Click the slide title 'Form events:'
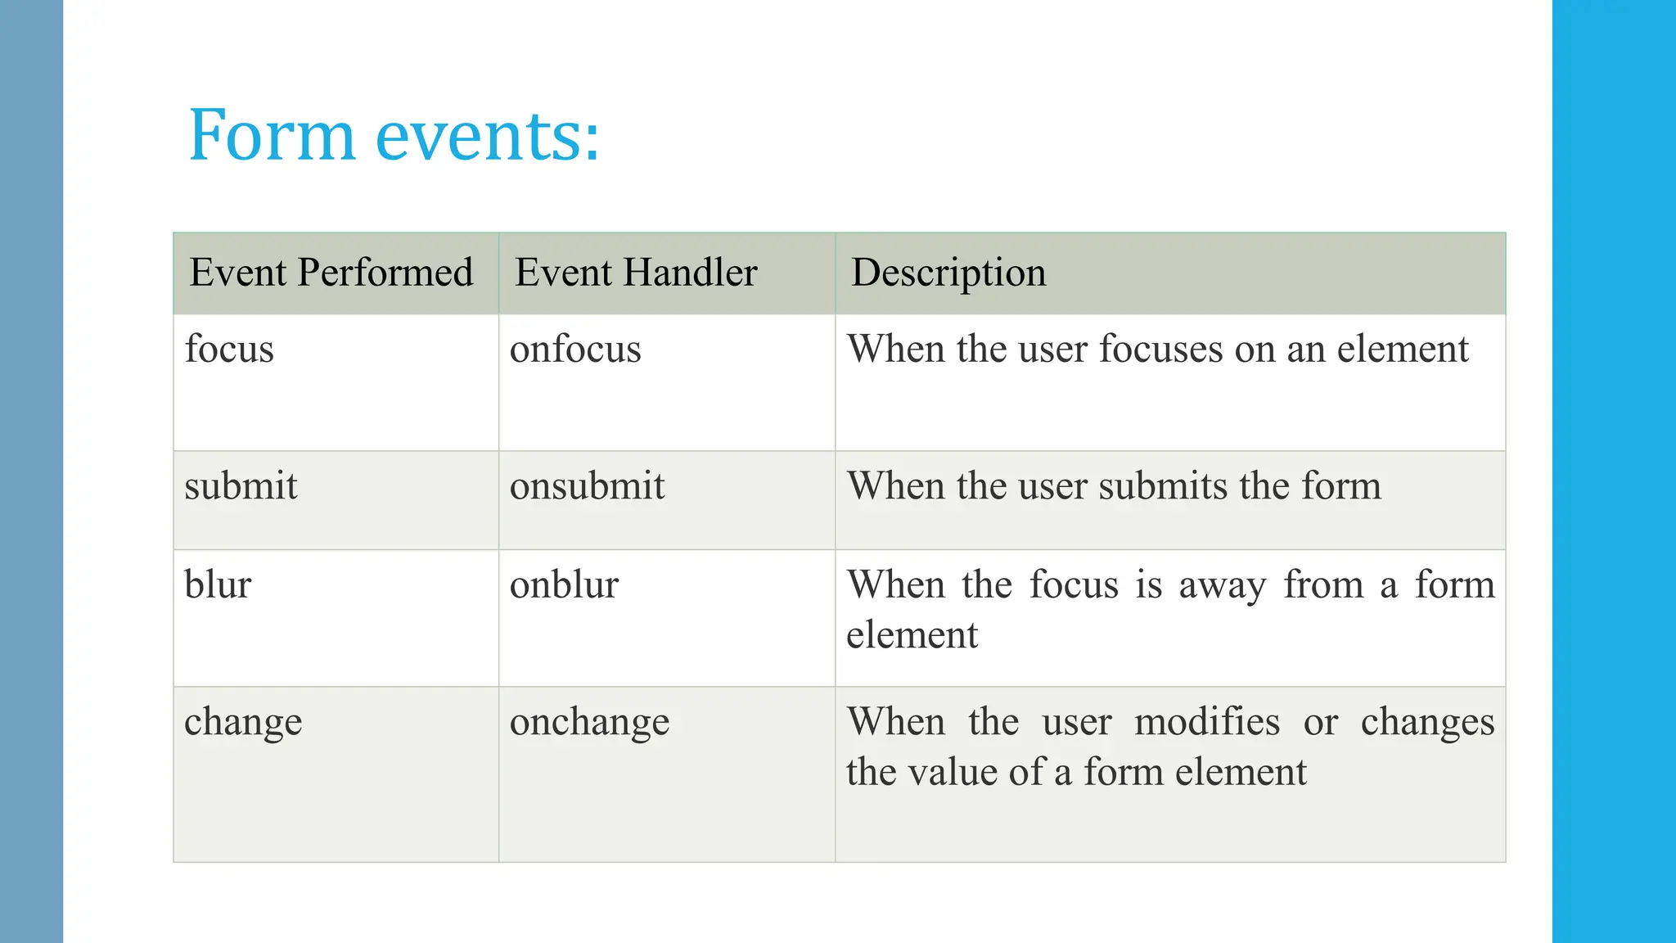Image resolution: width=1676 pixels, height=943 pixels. (394, 135)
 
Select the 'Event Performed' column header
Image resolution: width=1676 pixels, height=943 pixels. (331, 273)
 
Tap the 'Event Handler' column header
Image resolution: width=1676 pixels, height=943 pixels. (636, 273)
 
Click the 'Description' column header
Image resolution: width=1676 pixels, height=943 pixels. (948, 273)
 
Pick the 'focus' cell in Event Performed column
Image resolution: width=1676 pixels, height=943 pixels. (229, 350)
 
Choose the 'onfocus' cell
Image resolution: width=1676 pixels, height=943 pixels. (575, 350)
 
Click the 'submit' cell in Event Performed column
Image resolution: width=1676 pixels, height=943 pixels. (241, 486)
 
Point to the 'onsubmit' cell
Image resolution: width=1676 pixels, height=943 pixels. (587, 486)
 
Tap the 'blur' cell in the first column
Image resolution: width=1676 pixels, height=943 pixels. (218, 585)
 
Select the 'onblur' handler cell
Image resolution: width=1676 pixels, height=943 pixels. (564, 585)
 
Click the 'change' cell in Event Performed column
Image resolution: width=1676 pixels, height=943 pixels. (243, 723)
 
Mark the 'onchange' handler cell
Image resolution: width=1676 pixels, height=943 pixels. (589, 723)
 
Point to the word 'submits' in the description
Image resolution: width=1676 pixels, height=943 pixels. (1162, 486)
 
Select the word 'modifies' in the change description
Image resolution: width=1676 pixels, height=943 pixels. (1207, 723)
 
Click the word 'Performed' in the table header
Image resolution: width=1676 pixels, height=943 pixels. (385, 273)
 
